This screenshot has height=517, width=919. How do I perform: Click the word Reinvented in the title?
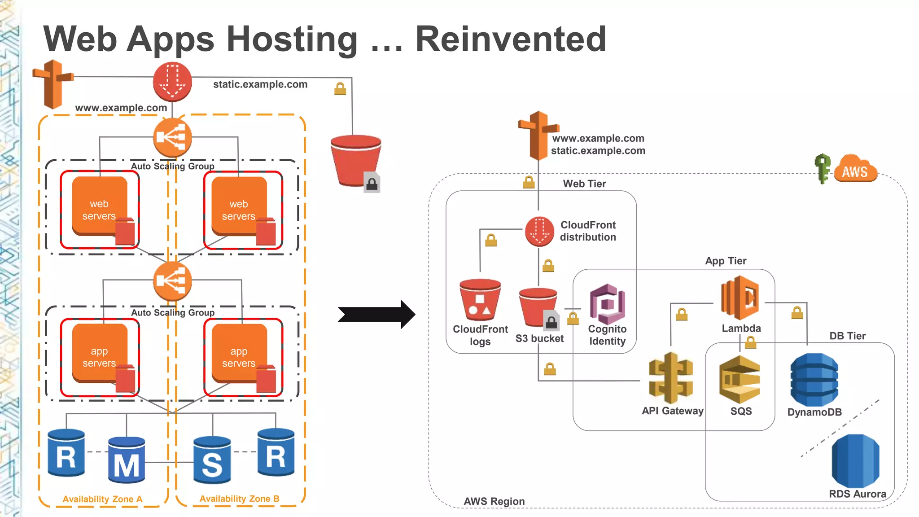511,39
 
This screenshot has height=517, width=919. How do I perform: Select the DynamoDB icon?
814,380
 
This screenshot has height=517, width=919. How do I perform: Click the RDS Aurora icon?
855,461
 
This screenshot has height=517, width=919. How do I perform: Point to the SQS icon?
740,380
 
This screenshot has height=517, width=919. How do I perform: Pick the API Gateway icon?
670,378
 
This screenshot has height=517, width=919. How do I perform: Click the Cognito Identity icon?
607,304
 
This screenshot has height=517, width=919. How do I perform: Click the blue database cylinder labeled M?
127,460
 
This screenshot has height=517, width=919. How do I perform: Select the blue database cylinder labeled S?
212,460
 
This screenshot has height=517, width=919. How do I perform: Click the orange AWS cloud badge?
855,170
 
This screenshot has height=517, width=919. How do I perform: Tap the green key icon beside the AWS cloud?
823,168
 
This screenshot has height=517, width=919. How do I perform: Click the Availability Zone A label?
102,499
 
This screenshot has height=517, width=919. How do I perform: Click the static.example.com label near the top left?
260,84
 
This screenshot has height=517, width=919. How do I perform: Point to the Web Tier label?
584,184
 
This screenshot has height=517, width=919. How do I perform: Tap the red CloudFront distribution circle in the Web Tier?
539,232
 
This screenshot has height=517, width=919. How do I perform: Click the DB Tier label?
847,336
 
